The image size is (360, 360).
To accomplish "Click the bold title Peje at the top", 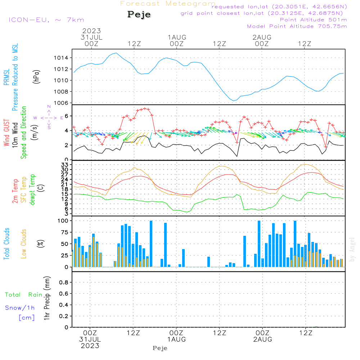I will (139, 15).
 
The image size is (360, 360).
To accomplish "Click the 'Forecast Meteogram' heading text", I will (168, 4).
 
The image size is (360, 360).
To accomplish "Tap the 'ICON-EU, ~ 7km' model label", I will (46, 20).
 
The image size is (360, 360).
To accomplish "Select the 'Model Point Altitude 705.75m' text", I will (297, 26).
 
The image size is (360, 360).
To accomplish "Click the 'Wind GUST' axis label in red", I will (7, 133).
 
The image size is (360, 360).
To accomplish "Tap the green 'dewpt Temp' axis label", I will (33, 190).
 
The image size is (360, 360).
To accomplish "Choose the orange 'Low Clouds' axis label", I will (24, 243).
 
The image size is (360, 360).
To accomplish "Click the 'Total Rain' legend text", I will (23, 295).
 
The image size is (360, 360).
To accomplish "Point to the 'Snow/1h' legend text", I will (20, 308).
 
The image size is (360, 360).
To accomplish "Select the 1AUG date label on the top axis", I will (176, 37).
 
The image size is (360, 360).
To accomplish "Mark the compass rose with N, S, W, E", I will (49, 117).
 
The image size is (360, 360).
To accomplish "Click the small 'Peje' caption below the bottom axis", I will (160, 348).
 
